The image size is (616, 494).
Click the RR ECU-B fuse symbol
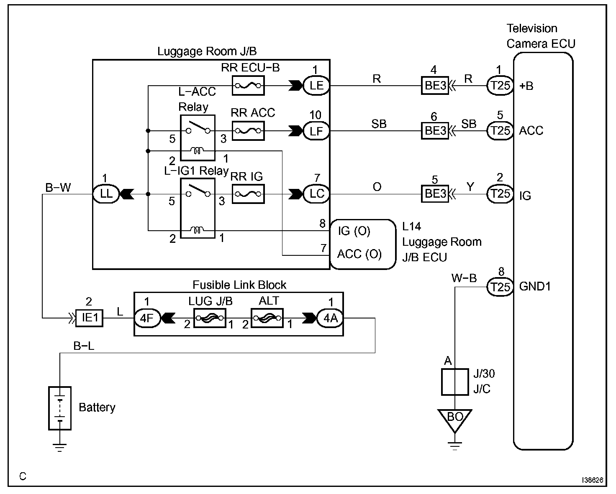pos(248,86)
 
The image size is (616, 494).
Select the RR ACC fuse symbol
pos(248,131)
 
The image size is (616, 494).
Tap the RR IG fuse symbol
pos(248,194)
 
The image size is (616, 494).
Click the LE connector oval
pos(316,86)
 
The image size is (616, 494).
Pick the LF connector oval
pos(316,131)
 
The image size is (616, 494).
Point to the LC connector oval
pos(316,194)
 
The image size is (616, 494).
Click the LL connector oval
pos(106,194)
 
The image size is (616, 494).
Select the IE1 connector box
pos(89,318)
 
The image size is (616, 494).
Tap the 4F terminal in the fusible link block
pos(147,318)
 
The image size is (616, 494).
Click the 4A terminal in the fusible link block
pos(330,318)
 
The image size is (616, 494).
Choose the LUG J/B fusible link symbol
pos(210,318)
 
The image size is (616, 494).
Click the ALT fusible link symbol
pos(267,318)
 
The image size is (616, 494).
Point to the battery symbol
pos(60,408)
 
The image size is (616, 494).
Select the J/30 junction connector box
pos(455,382)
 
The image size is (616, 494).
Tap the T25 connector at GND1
pos(500,287)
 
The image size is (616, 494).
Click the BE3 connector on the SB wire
pos(435,131)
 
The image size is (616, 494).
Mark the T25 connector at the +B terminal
pos(500,86)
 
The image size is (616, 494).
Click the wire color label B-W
pos(58,188)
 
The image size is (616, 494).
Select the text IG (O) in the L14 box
pos(354,231)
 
